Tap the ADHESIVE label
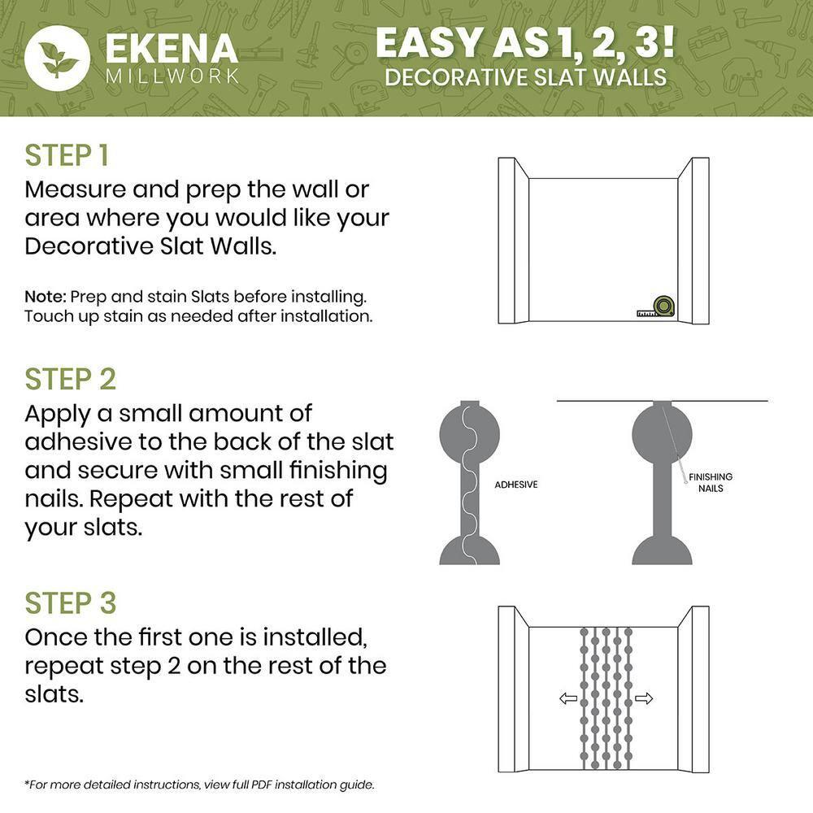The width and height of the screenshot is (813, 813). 516,485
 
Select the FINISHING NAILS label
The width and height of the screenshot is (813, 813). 710,482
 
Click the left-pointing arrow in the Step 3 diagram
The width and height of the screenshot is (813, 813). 568,698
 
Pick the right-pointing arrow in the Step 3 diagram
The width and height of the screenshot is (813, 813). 644,698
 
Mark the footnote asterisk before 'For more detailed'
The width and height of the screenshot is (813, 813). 27,784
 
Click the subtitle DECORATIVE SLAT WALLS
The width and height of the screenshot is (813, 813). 525,78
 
